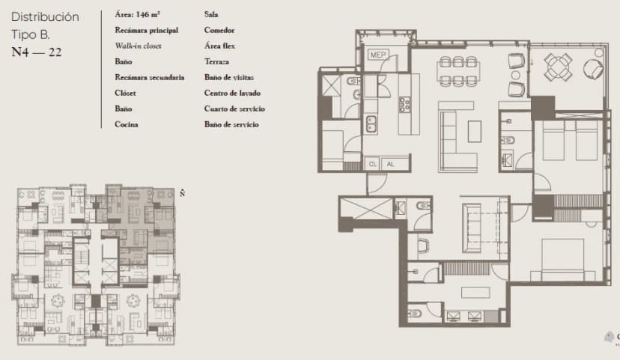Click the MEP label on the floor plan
pos(376,55)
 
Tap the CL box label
pos(373,164)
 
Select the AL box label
pos(391,164)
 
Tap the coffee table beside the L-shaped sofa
pos(474,131)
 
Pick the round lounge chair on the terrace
pos(592,68)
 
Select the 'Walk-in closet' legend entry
pos(138,46)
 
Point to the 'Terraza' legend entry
pos(216,61)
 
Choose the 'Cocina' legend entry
pos(127,124)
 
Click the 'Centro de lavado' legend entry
pos(232,93)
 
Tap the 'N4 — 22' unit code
pos(37,52)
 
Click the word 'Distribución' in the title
pos(46,16)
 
